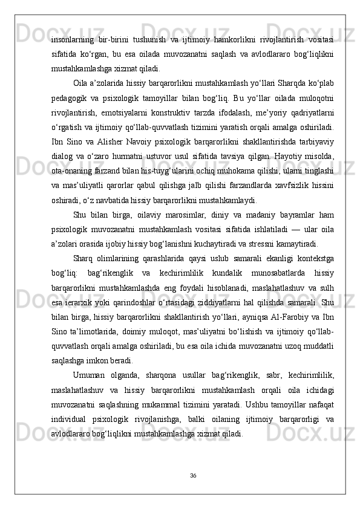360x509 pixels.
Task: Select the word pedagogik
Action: pyautogui.click(x=70, y=96)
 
